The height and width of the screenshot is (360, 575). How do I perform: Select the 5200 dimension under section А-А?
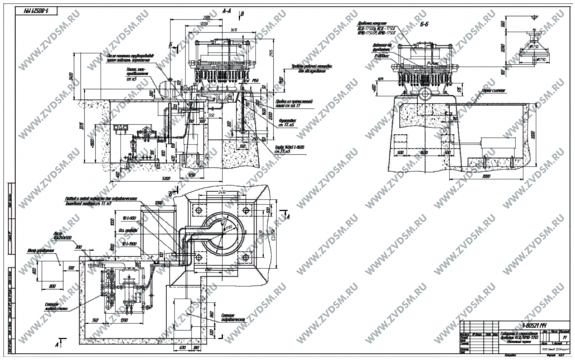(166, 178)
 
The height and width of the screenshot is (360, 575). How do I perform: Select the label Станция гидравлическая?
(233, 317)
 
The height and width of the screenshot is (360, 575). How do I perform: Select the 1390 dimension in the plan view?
(123, 320)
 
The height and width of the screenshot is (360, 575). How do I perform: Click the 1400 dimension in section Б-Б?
(424, 153)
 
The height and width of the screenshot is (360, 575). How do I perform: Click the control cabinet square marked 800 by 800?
(52, 271)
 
